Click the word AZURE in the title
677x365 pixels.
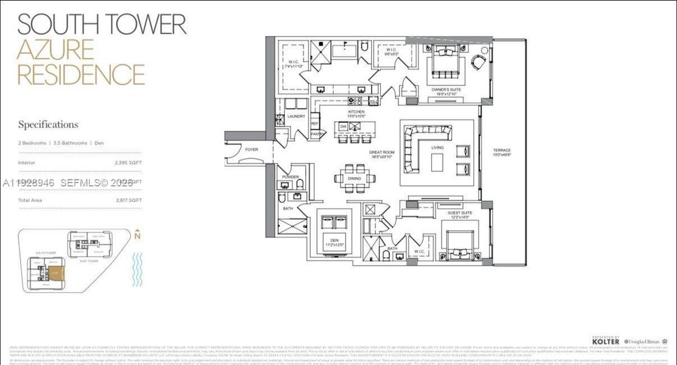[x=55, y=50]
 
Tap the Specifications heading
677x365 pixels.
[x=48, y=125]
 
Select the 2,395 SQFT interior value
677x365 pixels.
[x=128, y=162]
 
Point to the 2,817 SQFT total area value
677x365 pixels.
[x=128, y=200]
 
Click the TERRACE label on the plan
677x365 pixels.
[x=502, y=150]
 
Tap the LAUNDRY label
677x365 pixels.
[x=296, y=116]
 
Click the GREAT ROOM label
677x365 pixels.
[x=381, y=153]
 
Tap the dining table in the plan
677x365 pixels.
[x=355, y=178]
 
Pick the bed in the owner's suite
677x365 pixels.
[x=445, y=63]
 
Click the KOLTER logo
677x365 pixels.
[x=605, y=342]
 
